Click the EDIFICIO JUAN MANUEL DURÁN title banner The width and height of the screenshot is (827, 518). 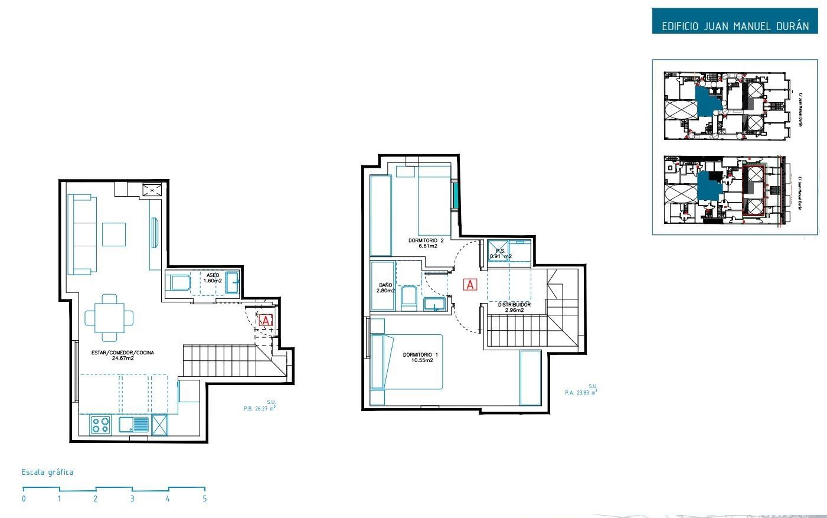(735, 26)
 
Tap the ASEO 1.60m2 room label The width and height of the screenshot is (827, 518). (213, 278)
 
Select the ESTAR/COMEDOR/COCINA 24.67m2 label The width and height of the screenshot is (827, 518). (123, 355)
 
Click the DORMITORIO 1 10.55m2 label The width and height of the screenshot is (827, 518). (420, 357)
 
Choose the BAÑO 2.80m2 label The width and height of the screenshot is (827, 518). (385, 288)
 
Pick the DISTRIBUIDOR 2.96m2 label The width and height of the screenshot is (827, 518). (514, 307)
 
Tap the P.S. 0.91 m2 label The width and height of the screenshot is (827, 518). (500, 253)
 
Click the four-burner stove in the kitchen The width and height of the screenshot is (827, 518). (101, 425)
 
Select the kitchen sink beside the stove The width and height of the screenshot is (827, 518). (134, 425)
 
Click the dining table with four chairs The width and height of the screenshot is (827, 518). (109, 318)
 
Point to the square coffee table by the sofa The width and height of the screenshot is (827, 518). (113, 234)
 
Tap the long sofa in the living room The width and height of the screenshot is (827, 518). (82, 234)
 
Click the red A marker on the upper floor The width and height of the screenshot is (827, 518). (470, 285)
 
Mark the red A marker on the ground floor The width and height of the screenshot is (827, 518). (266, 321)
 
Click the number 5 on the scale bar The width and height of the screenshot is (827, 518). (205, 499)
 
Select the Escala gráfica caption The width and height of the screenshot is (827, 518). (47, 472)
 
